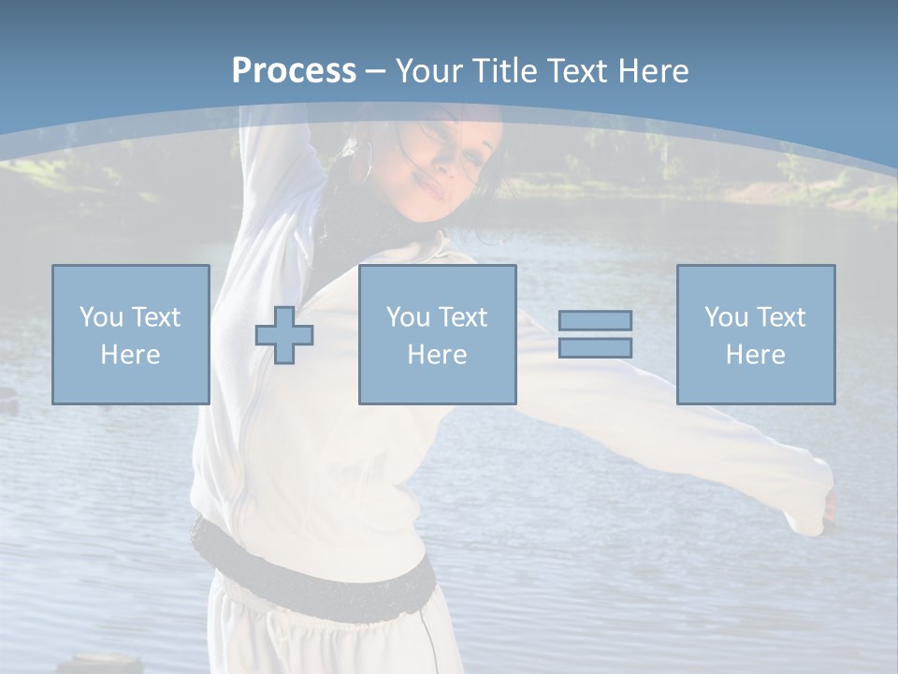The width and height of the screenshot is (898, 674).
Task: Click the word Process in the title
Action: point(294,70)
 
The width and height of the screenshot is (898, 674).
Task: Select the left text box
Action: point(131,334)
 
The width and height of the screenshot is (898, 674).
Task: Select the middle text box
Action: point(437,334)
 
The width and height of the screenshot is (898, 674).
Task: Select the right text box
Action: point(755,334)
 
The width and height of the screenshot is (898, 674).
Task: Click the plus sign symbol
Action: point(284,334)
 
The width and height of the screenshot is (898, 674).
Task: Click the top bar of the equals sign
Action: point(595,320)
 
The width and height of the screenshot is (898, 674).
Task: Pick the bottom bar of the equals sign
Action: point(595,347)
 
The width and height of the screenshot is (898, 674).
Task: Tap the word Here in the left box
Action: point(131,355)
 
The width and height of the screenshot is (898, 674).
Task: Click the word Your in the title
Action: point(433,70)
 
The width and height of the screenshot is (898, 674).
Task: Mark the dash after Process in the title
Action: point(376,72)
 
